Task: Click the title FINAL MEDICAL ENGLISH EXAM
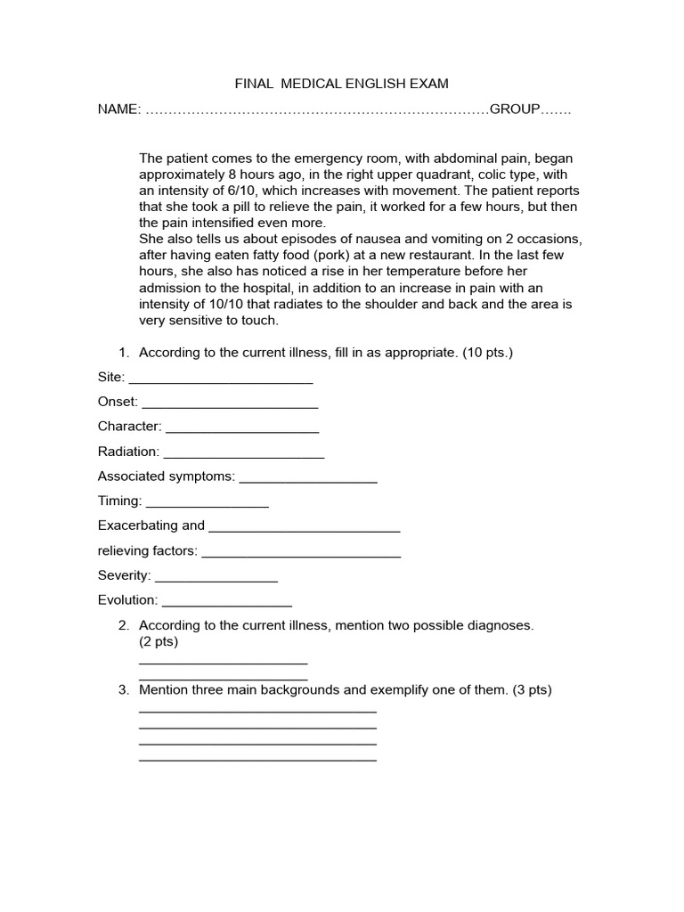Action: (x=341, y=84)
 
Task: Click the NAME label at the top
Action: (x=118, y=110)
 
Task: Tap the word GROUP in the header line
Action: (x=515, y=110)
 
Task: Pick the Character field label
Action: (x=129, y=427)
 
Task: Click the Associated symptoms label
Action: (x=167, y=476)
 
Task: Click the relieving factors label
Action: (x=148, y=551)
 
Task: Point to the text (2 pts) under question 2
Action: (x=159, y=641)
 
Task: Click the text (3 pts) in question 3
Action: (x=533, y=689)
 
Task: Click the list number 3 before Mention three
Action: (x=123, y=689)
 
